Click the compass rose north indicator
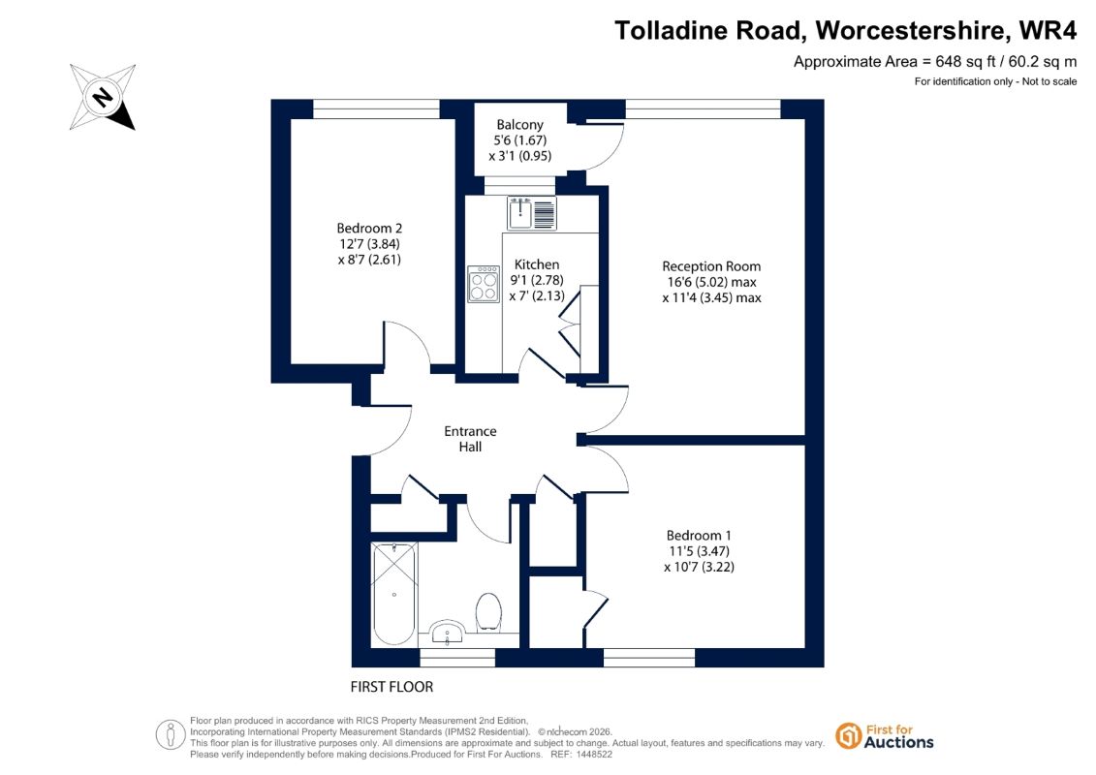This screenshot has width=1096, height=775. pyautogui.click(x=103, y=97)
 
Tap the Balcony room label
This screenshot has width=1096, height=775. pyautogui.click(x=519, y=124)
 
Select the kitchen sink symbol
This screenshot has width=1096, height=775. pyautogui.click(x=532, y=213)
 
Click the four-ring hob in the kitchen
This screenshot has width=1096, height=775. pyautogui.click(x=484, y=284)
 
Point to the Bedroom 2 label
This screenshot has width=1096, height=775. pyautogui.click(x=369, y=228)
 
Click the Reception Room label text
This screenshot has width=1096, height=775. pyautogui.click(x=711, y=266)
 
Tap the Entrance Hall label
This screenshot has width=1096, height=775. pyautogui.click(x=470, y=439)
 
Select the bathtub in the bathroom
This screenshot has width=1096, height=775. pyautogui.click(x=394, y=594)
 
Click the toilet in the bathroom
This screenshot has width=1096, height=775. pyautogui.click(x=488, y=612)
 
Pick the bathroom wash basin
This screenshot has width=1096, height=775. pyautogui.click(x=446, y=633)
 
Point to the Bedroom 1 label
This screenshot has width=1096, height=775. pyautogui.click(x=699, y=536)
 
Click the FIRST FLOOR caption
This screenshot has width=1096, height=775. pyautogui.click(x=391, y=687)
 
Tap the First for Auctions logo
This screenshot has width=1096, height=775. pyautogui.click(x=885, y=736)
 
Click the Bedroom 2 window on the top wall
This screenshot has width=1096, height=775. pyautogui.click(x=376, y=109)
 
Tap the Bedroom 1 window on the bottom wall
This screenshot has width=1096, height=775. pyautogui.click(x=649, y=658)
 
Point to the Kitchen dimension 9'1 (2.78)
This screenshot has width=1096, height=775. pyautogui.click(x=537, y=280)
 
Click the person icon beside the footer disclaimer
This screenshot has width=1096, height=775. pyautogui.click(x=171, y=735)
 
